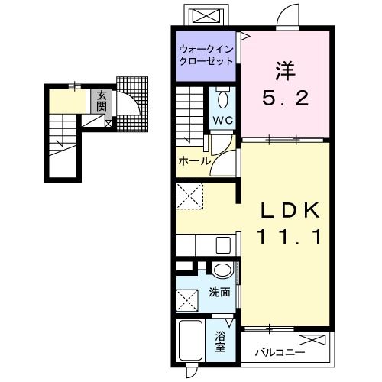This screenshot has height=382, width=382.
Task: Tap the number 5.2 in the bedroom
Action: pyautogui.click(x=286, y=98)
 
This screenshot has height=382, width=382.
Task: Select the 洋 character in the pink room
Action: pyautogui.click(x=286, y=70)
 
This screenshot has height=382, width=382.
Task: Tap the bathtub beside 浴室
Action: pyautogui.click(x=191, y=342)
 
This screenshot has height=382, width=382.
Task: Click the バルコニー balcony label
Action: pyautogui.click(x=280, y=352)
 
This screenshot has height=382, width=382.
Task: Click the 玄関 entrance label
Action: pyautogui.click(x=100, y=101)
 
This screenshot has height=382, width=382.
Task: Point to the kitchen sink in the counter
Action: pyautogui.click(x=224, y=245)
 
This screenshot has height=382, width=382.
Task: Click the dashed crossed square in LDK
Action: pyautogui.click(x=188, y=195)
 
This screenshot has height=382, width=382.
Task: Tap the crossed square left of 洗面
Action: pyautogui.click(x=187, y=301)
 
